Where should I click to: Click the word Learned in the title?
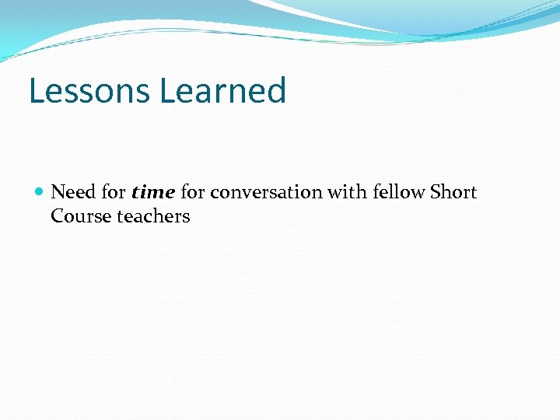223,90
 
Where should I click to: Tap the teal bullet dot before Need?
40,191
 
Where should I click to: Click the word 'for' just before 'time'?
114,192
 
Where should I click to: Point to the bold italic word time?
153,192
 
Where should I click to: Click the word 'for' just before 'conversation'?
193,192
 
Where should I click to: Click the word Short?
453,192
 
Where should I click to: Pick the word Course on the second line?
81,216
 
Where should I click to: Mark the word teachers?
153,216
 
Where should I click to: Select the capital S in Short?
436,192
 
